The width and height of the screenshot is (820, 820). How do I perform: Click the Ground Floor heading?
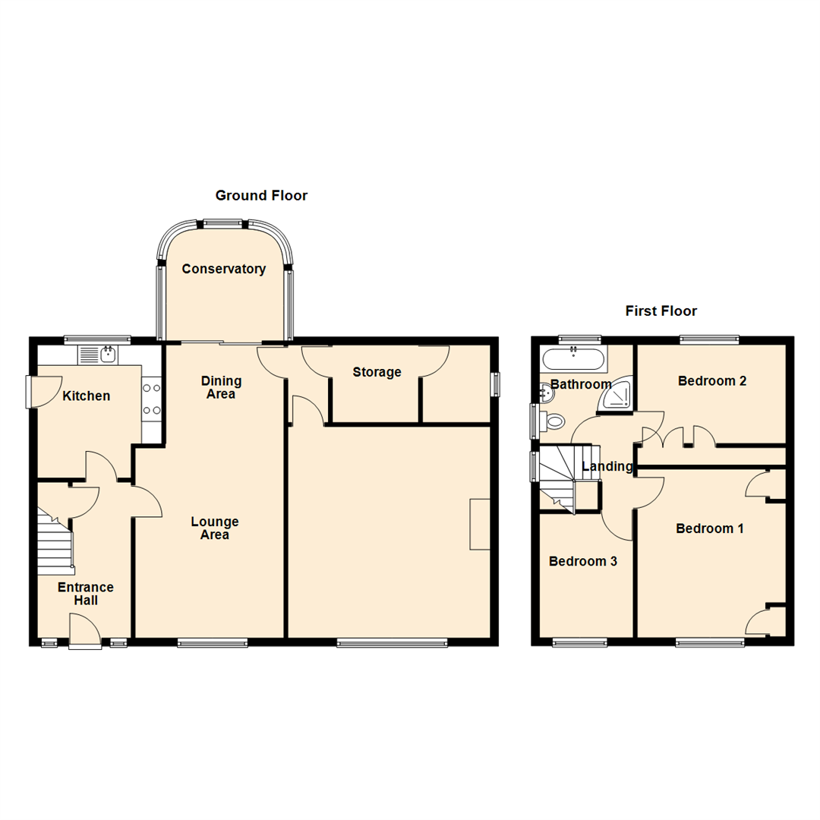click(261, 196)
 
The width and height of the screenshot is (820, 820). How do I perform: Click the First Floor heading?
click(661, 311)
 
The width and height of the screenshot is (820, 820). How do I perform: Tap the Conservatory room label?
click(223, 269)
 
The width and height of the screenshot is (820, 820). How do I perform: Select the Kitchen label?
click(86, 396)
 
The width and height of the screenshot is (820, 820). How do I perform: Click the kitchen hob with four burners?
click(151, 399)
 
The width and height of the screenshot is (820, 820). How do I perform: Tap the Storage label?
click(377, 372)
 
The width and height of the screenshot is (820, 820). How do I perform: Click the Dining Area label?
click(221, 387)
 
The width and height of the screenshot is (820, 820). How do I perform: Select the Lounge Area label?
click(215, 528)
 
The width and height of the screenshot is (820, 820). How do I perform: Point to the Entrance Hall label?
click(86, 594)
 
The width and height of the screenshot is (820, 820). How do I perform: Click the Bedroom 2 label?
click(712, 380)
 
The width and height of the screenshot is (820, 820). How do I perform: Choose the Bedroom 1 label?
click(709, 528)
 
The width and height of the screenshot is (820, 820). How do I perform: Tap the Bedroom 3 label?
click(582, 562)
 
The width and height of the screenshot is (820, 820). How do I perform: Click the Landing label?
click(607, 466)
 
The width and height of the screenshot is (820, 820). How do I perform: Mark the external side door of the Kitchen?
click(32, 392)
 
